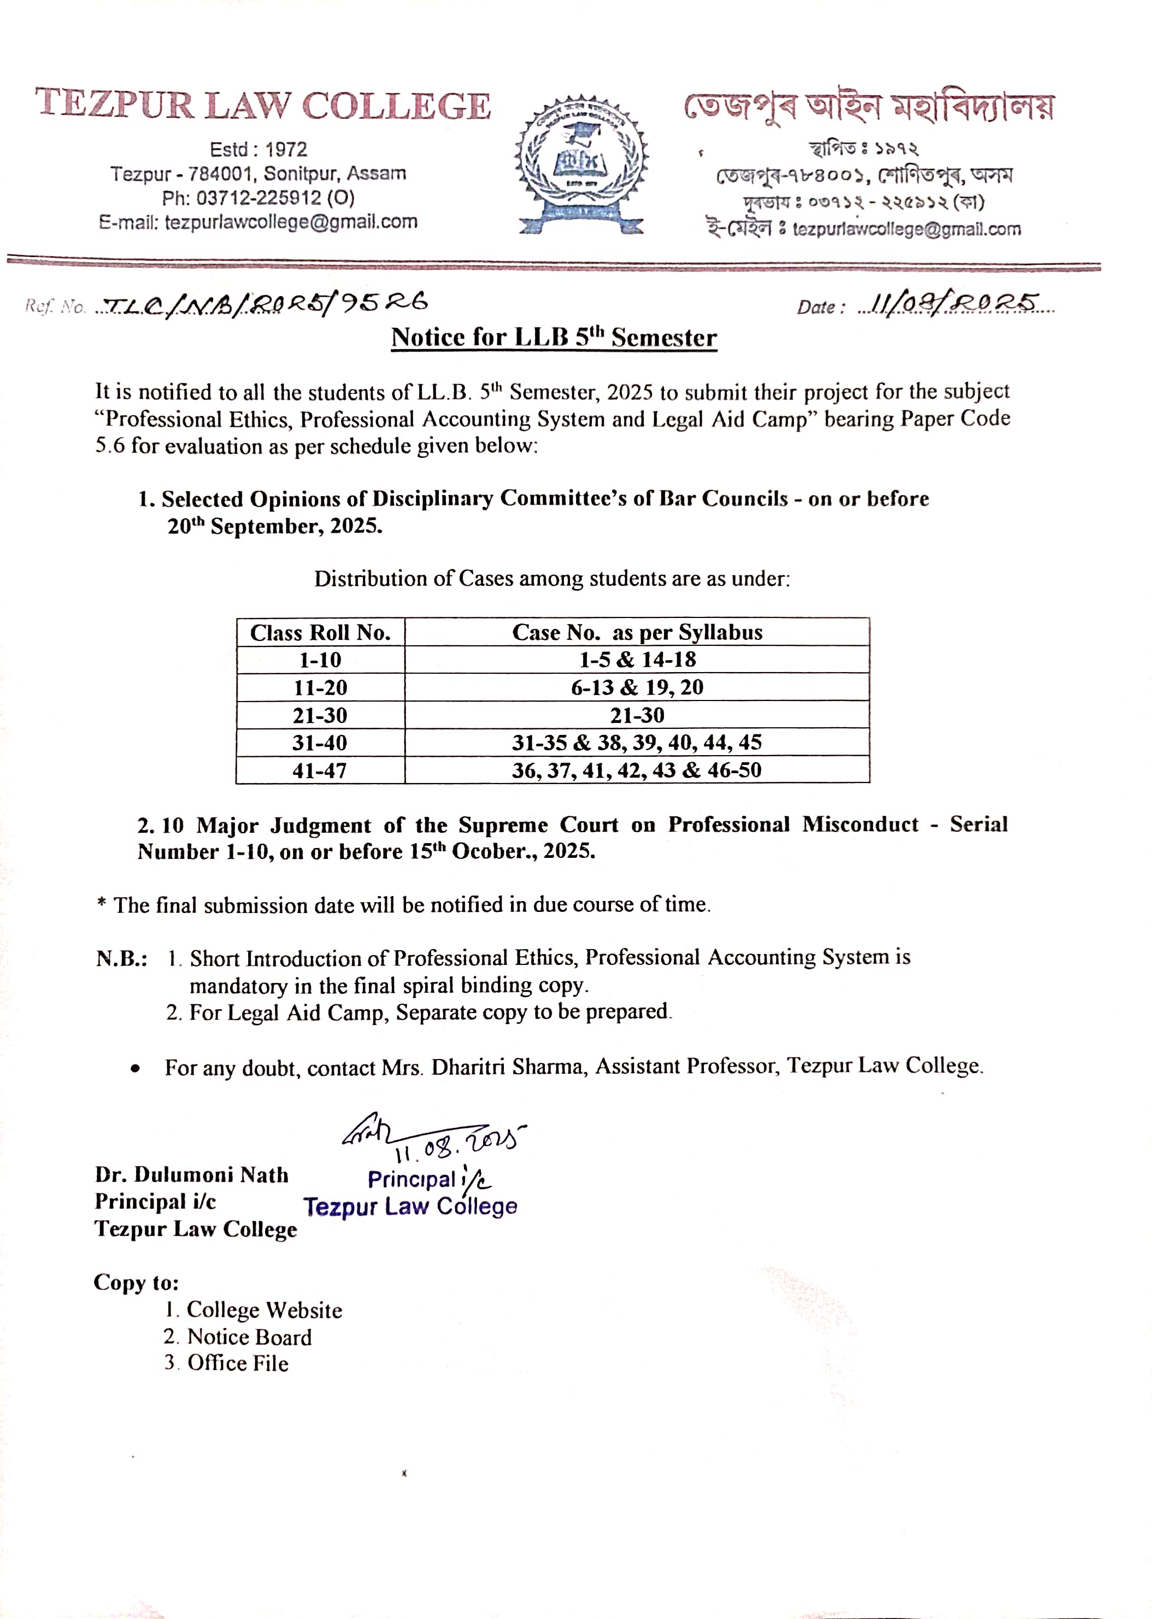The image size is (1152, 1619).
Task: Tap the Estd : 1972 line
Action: tap(258, 150)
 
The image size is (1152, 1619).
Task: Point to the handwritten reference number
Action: tap(262, 305)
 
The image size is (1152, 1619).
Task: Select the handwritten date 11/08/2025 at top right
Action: tap(954, 305)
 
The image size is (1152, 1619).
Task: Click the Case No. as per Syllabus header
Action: tap(637, 632)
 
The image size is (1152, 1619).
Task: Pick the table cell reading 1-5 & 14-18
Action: tap(637, 660)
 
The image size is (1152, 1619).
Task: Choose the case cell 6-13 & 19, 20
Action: tap(637, 687)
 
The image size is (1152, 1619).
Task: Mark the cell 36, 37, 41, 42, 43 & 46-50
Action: tap(637, 770)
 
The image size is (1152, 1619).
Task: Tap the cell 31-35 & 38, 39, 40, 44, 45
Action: tap(637, 743)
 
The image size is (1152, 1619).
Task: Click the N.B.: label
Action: tap(121, 959)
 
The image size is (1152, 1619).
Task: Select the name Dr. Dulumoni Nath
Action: tap(191, 1175)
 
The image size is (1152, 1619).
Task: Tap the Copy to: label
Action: tap(136, 1282)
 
